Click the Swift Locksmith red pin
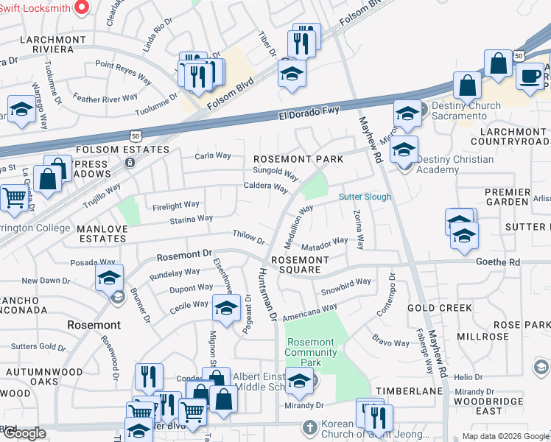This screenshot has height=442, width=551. (82, 7)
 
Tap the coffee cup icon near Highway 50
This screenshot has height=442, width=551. (530, 75)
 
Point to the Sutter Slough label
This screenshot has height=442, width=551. (365, 197)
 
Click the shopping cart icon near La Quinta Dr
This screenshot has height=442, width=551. (15, 197)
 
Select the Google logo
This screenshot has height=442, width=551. (24, 433)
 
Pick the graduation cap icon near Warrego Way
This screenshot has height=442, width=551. (21, 109)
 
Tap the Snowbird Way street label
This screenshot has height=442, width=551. (346, 287)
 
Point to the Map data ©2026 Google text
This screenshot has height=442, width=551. (505, 436)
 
